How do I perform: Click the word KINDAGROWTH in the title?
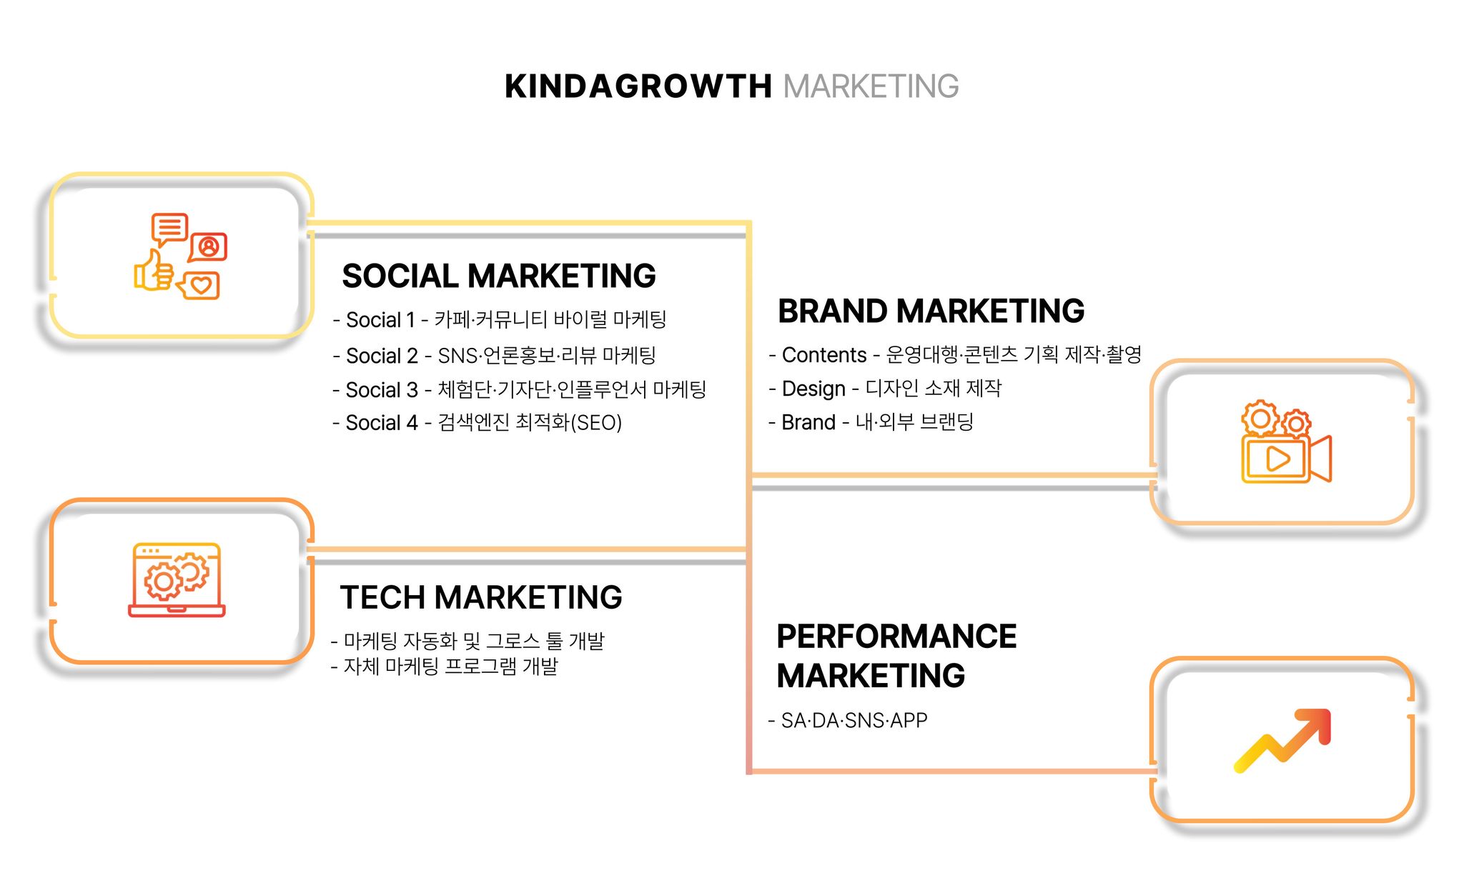point(638,86)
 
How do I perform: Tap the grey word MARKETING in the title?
point(871,86)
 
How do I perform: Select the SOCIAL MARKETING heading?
point(499,276)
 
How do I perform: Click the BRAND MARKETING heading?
point(931,311)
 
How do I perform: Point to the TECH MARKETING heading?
point(481,597)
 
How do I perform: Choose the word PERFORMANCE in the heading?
point(896,637)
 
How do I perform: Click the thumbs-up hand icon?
point(154,270)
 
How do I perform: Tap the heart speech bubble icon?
point(198,286)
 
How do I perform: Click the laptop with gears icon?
point(177,579)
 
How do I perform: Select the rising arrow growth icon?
point(1282,740)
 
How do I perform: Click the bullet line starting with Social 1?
point(500,319)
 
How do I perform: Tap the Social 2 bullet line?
point(494,355)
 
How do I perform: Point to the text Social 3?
point(382,390)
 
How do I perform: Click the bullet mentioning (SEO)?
point(478,423)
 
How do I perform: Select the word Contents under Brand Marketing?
point(824,355)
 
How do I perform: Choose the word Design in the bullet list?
point(813,389)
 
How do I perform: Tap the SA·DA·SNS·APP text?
point(854,720)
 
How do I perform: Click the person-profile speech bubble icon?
point(208,247)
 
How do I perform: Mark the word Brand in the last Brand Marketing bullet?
point(808,422)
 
